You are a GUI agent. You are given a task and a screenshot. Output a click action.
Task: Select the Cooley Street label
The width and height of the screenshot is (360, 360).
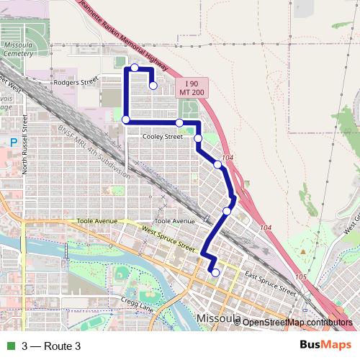(162, 136)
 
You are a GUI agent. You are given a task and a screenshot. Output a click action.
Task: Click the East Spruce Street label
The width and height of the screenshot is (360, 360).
(270, 284)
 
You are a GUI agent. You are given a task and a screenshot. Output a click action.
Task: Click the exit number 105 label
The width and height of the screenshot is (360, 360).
(301, 276)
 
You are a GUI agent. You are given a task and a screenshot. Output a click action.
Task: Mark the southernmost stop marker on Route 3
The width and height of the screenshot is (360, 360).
(215, 272)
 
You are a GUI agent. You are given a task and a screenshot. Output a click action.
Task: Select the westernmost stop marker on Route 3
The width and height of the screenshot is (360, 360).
(126, 120)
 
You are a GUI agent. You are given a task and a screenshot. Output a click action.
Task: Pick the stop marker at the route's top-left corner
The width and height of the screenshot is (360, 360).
(134, 68)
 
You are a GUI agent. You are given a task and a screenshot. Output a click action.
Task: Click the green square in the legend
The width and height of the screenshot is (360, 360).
(9, 346)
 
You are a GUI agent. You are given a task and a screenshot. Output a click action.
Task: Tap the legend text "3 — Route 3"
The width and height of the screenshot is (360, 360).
(51, 346)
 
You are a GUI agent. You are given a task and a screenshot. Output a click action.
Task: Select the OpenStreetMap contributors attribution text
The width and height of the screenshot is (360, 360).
(297, 323)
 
